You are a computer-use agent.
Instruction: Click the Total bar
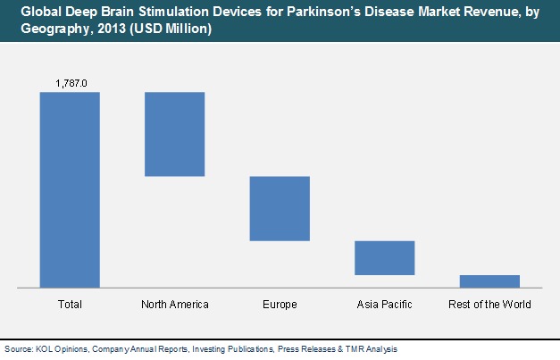pyautogui.click(x=70, y=189)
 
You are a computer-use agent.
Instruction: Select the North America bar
pyautogui.click(x=175, y=134)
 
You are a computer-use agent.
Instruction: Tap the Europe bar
pyautogui.click(x=280, y=208)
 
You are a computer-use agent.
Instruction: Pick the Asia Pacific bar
pyautogui.click(x=385, y=258)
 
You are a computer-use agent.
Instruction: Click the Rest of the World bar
pyautogui.click(x=489, y=281)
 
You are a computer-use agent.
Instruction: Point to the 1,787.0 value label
pyautogui.click(x=71, y=83)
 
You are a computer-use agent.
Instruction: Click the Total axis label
pyautogui.click(x=70, y=305)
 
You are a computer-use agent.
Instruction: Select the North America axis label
pyautogui.click(x=175, y=305)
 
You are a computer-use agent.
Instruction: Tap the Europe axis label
pyautogui.click(x=280, y=305)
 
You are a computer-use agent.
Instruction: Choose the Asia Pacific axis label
pyautogui.click(x=385, y=305)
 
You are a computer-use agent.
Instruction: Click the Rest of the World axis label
pyautogui.click(x=489, y=305)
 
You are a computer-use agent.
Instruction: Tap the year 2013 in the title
pyautogui.click(x=112, y=29)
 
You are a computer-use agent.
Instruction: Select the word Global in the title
pyautogui.click(x=41, y=12)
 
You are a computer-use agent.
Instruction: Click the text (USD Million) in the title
pyautogui.click(x=171, y=29)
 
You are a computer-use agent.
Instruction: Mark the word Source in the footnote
pyautogui.click(x=19, y=349)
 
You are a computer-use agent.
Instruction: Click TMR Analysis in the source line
pyautogui.click(x=371, y=349)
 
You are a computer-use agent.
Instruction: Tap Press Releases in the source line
pyautogui.click(x=306, y=349)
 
